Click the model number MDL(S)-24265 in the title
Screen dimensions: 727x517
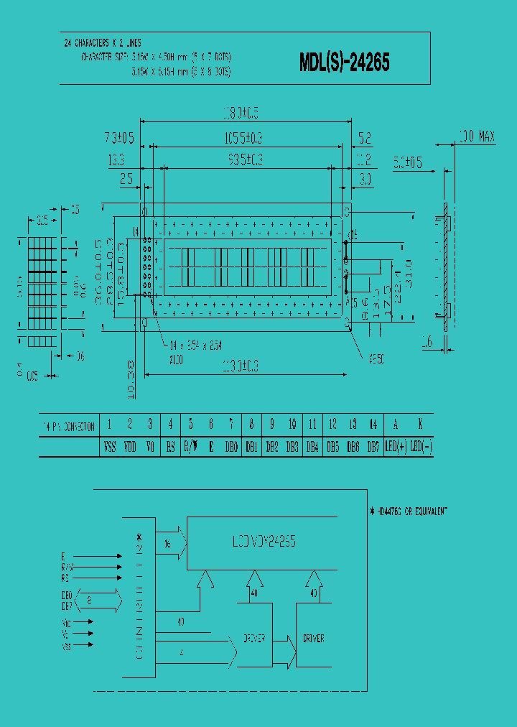344,63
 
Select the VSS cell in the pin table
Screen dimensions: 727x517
109,447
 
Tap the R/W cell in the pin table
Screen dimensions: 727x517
190,447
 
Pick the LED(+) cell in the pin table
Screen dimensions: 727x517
396,447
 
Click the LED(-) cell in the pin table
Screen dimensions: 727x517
420,447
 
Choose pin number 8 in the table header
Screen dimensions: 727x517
252,425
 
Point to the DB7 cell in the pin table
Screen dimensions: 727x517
373,447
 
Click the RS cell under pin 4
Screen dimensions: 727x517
170,447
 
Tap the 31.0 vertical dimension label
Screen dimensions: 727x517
407,274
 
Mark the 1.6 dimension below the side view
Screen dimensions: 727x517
427,344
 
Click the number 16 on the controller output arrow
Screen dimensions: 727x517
168,544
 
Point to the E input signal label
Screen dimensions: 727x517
64,556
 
